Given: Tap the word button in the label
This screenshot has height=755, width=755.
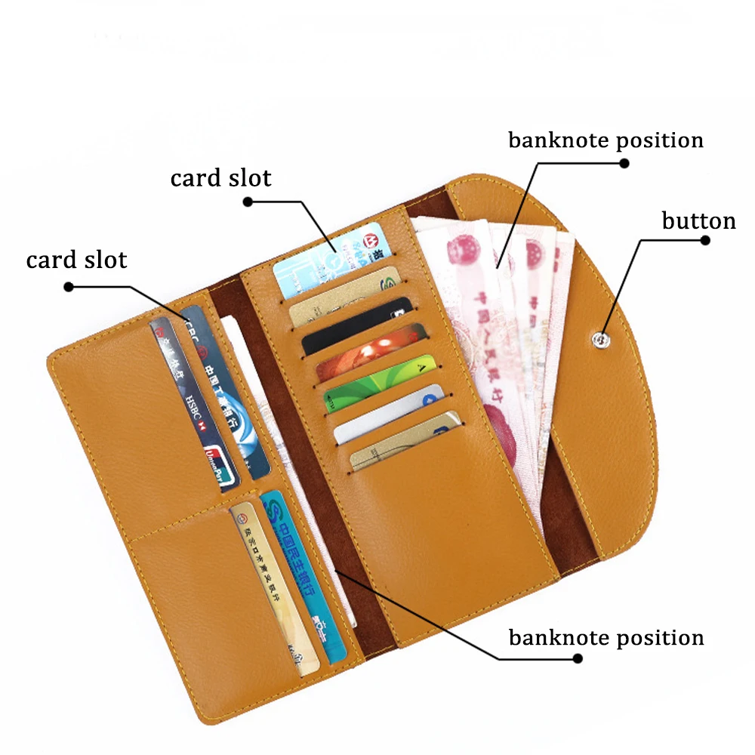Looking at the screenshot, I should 698,221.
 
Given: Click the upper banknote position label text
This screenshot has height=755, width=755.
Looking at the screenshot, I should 606,141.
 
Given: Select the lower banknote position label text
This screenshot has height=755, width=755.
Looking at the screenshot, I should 606,638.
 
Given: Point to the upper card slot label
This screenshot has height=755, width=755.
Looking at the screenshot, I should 220,179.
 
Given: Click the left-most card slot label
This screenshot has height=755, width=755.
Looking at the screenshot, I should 76,260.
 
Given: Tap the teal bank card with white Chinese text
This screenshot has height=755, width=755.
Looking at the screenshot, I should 302,574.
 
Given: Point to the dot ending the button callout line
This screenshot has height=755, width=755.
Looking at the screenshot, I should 705,241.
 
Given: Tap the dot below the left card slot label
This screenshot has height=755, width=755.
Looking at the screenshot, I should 68,286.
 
